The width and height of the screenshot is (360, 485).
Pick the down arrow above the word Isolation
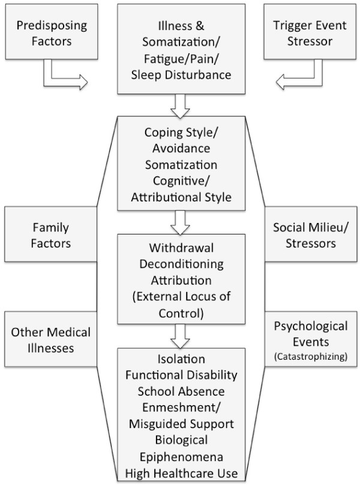pos(179,338)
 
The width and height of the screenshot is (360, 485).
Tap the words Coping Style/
pos(179,132)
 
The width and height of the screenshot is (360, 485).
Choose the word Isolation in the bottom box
pos(179,360)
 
